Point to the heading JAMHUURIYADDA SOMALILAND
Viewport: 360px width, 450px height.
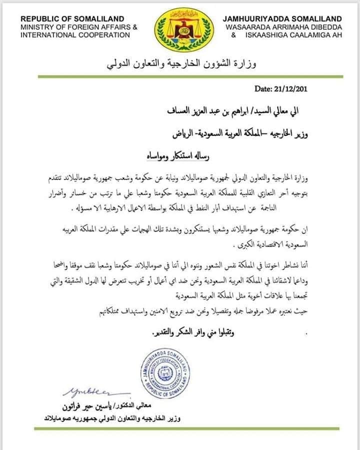coord(282,19)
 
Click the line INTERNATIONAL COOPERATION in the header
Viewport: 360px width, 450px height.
coord(75,35)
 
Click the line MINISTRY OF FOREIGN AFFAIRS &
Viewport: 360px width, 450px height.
coord(79,27)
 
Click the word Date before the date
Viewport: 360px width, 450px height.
coord(264,89)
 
